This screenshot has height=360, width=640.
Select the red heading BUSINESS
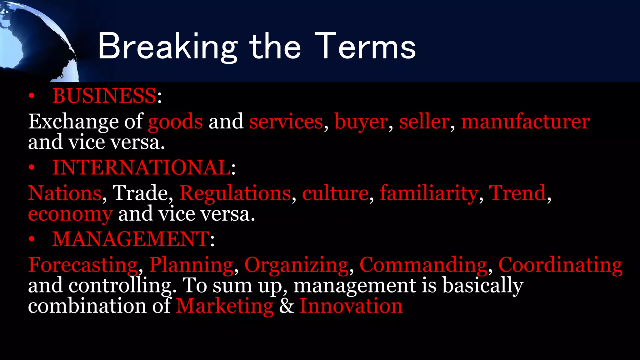pos(104,96)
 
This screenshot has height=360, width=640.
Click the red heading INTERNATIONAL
pos(141,167)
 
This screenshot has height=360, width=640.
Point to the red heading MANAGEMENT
pos(131,239)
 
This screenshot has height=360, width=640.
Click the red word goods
pos(175,122)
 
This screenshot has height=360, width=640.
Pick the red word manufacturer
pos(525,122)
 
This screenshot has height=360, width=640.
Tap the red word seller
pos(424,122)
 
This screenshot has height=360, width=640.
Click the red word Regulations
pos(235,193)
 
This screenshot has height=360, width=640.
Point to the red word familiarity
pos(429,193)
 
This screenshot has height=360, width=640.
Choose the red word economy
pos(70,214)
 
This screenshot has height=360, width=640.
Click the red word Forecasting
pos(83,265)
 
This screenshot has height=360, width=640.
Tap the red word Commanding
pos(423,265)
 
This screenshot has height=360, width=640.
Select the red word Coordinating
pos(560,265)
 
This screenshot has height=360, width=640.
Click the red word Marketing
pos(225,306)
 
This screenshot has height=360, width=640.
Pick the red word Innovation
pos(351,306)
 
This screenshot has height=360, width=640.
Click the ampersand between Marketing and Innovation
pos(287,306)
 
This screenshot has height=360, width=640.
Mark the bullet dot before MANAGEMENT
pos(31,240)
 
